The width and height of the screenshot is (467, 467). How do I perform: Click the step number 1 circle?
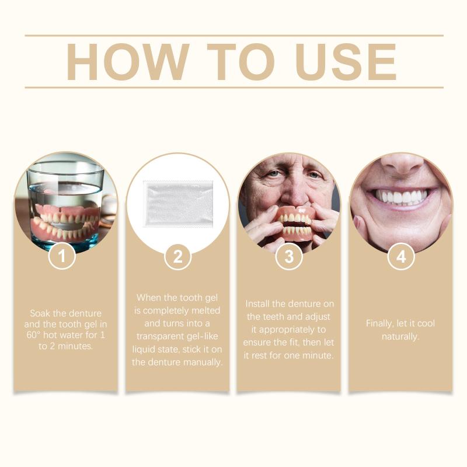click(62, 256)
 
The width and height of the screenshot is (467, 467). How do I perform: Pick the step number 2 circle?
click(177, 256)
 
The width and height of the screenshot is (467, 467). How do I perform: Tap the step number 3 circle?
click(289, 256)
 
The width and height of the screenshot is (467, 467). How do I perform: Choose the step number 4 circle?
click(401, 256)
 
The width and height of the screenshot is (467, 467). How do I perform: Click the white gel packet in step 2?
click(178, 203)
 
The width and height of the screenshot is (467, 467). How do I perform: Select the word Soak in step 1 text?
click(40, 313)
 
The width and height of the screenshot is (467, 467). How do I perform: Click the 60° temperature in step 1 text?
click(33, 335)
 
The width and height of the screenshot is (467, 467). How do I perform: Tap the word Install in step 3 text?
click(257, 304)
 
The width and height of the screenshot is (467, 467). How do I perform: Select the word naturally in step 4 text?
click(400, 337)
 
